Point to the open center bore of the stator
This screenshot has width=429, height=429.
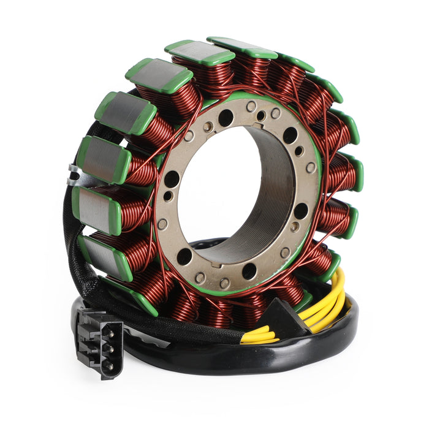tap(230, 184)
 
